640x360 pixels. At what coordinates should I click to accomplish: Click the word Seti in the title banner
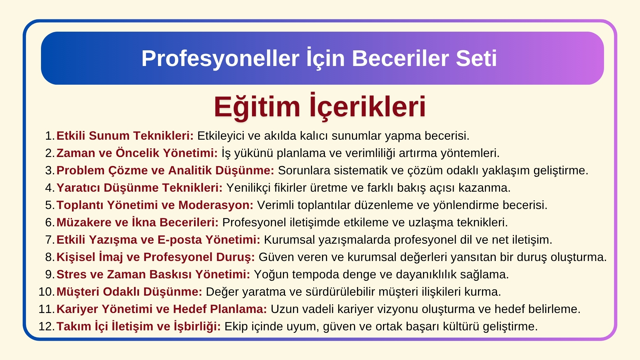[476, 58]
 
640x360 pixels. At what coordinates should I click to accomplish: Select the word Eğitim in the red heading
[257, 107]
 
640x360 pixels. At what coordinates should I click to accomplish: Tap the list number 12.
[46, 326]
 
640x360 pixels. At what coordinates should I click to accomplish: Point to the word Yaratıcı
[78, 188]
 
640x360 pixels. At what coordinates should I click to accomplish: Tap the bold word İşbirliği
[197, 326]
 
